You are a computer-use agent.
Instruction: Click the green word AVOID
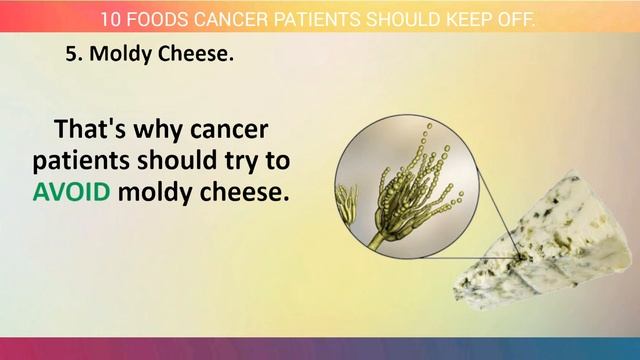pos(71,192)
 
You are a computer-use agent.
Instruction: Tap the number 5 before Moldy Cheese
pos(71,56)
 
